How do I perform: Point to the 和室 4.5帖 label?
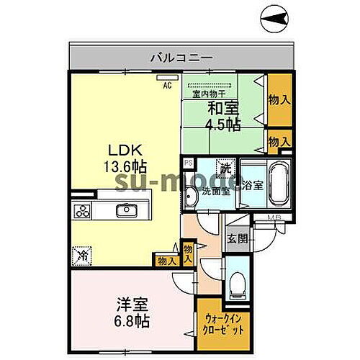[225, 116]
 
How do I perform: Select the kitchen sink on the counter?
[128, 211]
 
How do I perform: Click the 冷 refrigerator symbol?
[82, 254]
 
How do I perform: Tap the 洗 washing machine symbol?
[225, 169]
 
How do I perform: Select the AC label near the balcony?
[167, 85]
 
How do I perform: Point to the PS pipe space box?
[188, 163]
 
